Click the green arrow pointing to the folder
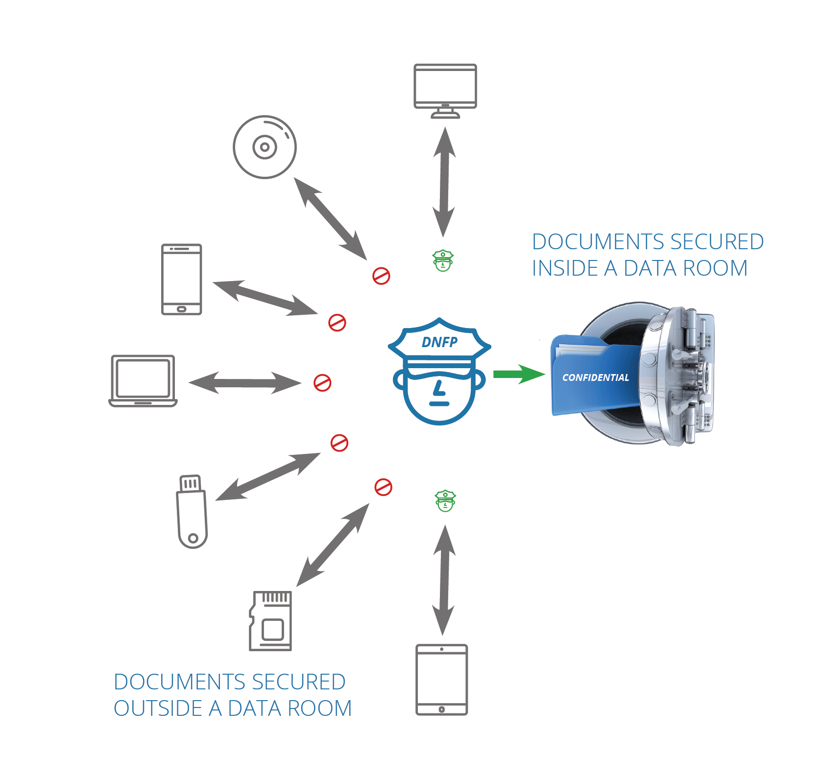pos(519,375)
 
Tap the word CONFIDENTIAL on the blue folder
pos(595,377)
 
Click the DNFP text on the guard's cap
pos(439,342)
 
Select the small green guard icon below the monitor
pos(443,260)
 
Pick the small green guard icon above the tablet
pos(445,501)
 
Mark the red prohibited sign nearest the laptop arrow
pos(322,383)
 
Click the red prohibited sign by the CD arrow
pos(381,276)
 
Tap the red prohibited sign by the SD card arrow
pos(383,487)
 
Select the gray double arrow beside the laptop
pos(245,383)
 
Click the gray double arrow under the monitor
pos(444,182)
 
